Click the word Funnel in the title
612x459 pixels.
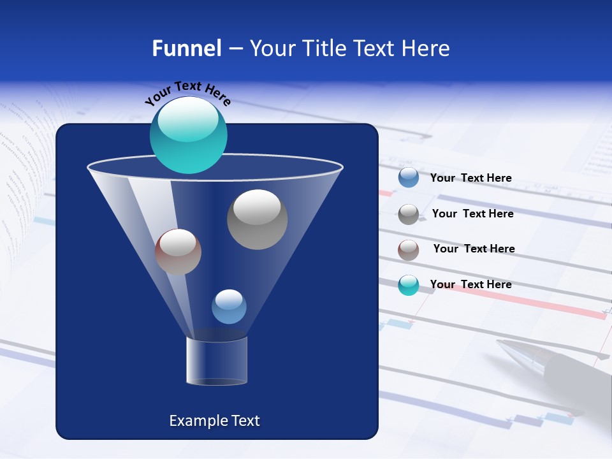[187, 48]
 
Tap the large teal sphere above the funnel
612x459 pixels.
[188, 135]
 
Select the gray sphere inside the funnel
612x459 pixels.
[257, 219]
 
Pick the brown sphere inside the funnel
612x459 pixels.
[178, 252]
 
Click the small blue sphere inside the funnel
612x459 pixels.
[229, 307]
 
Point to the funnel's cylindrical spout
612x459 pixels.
[216, 361]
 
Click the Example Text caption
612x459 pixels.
[214, 421]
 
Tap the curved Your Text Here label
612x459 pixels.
[187, 92]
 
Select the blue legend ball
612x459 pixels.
[409, 178]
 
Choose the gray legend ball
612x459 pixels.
[409, 214]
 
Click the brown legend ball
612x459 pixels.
[409, 249]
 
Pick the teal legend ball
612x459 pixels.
[409, 285]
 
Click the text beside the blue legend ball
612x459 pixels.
[470, 178]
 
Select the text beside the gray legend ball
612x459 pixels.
[472, 214]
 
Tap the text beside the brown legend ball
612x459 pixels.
[474, 249]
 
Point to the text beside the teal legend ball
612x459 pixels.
[470, 284]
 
